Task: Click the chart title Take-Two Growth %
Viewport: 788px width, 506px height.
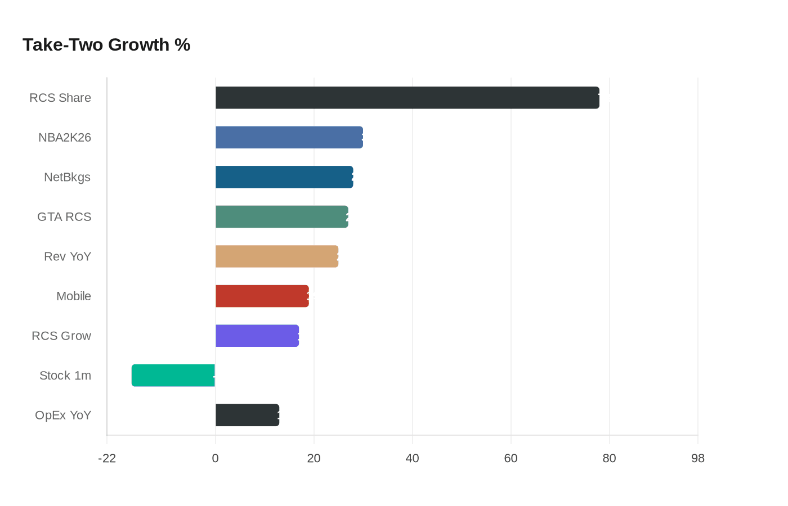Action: pos(106,45)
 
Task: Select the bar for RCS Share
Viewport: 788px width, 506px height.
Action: pos(407,98)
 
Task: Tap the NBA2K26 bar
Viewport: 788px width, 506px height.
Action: pos(289,137)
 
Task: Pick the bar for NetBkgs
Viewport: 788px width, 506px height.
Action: pos(284,177)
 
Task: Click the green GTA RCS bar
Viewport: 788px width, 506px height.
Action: pos(281,217)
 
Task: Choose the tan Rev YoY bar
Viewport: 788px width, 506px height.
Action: pos(277,256)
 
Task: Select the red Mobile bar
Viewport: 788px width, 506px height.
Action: pos(262,296)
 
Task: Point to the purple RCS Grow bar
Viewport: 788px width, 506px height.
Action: pos(257,336)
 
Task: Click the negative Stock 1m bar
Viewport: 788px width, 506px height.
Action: pos(173,376)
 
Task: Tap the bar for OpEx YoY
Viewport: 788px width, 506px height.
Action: pos(247,415)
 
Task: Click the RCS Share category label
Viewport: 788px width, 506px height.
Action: pos(60,98)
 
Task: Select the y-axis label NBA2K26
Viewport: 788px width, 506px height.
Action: pos(65,138)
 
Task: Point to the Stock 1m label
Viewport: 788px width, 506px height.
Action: pos(65,376)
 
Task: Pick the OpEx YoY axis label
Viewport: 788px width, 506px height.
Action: pos(63,415)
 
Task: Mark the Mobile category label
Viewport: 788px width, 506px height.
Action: pos(74,296)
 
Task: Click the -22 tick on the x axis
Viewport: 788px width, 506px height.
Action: pos(107,458)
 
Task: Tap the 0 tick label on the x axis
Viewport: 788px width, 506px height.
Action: pos(216,458)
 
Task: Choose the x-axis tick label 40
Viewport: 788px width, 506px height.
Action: pos(413,458)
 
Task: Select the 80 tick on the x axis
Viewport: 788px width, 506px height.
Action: pos(609,458)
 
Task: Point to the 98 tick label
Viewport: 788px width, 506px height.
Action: pos(698,458)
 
